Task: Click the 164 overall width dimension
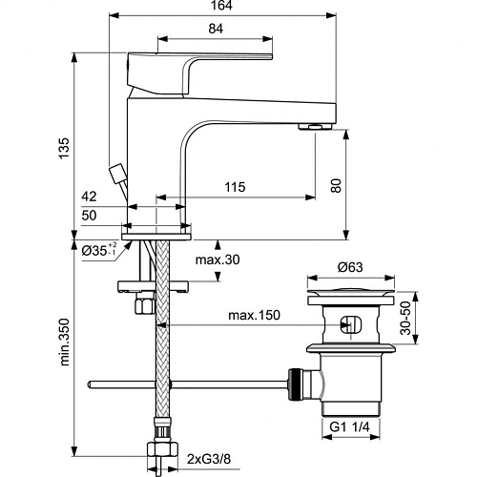[222, 6]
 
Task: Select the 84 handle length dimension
[216, 29]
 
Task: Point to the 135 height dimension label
[64, 148]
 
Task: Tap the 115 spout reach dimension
[235, 187]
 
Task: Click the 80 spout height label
[336, 186]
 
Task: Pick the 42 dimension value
[89, 197]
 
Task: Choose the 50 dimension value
[89, 216]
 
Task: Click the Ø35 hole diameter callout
[99, 250]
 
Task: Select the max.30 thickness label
[218, 259]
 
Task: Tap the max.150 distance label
[255, 315]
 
